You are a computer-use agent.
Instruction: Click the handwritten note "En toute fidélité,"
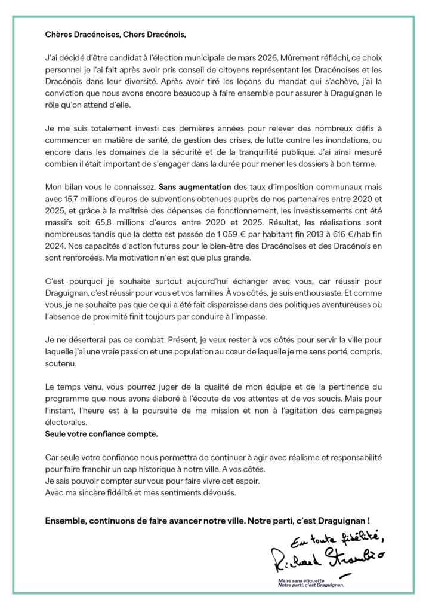(339, 535)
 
